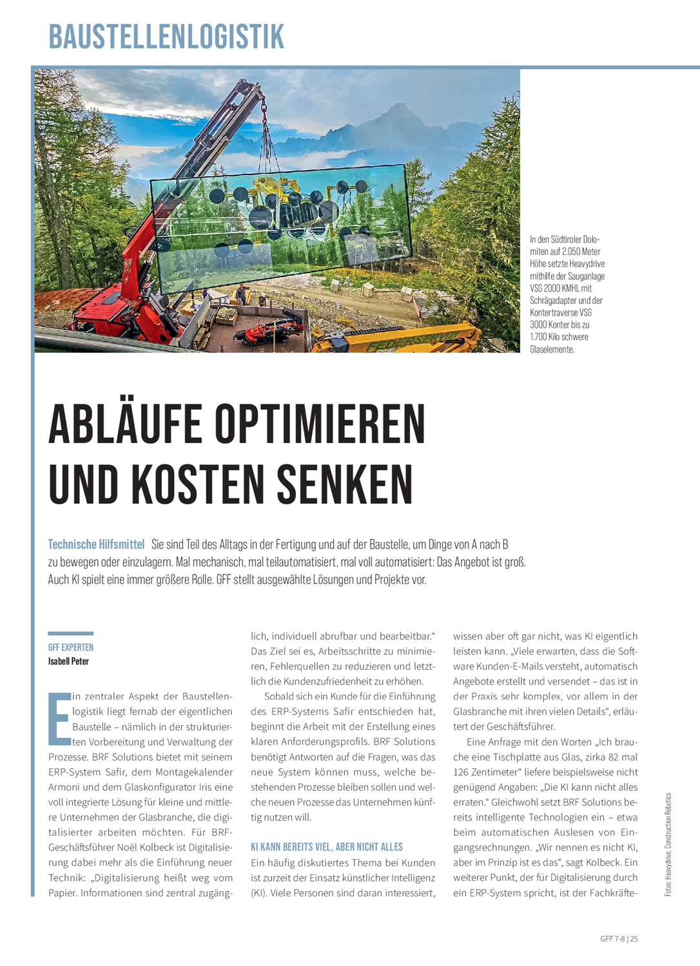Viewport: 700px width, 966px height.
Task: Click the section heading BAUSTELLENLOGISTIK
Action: point(166,37)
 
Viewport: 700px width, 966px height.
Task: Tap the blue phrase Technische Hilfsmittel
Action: point(96,545)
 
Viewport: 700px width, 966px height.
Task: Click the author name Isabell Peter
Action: point(68,661)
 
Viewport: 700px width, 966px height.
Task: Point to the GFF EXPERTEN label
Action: point(71,647)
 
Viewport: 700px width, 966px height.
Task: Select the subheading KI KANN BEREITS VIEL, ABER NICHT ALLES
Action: point(327,847)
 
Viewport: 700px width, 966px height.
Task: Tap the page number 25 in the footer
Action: point(634,939)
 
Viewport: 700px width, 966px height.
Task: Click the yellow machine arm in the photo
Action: point(413,337)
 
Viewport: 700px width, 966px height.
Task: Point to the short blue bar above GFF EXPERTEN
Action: point(71,634)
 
